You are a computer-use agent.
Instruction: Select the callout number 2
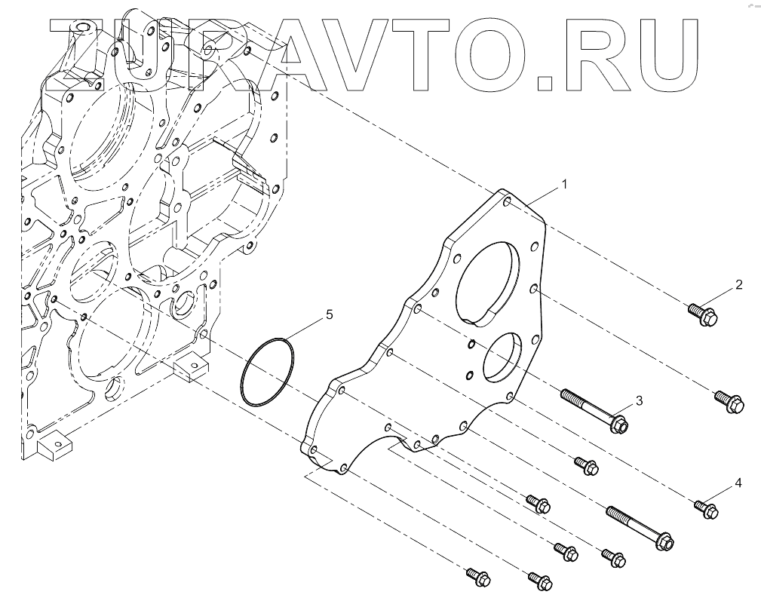pos(739,285)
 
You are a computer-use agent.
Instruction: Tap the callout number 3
pos(638,400)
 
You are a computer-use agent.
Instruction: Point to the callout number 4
pos(739,482)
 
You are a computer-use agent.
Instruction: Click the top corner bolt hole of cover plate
pos(507,201)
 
